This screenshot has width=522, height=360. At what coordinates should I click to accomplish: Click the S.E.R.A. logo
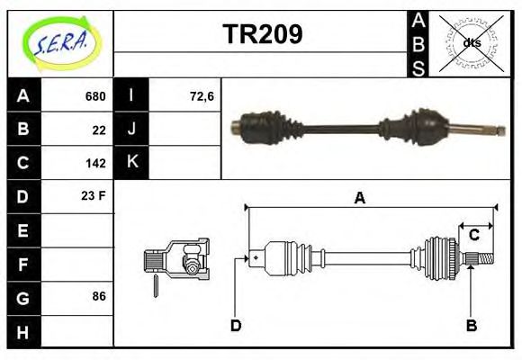[x=60, y=42]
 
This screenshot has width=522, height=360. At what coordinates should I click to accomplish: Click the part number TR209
[x=262, y=34]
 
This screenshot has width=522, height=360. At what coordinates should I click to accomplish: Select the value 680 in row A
[x=95, y=96]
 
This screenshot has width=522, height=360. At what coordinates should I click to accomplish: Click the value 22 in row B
[x=99, y=130]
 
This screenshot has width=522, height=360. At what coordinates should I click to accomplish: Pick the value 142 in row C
[x=95, y=164]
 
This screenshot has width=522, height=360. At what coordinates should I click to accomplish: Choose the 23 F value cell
[x=94, y=195]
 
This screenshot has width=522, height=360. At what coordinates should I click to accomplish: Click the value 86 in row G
[x=99, y=296]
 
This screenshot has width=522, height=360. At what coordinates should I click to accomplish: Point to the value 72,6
[x=202, y=96]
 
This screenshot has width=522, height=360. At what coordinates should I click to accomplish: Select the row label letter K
[x=131, y=163]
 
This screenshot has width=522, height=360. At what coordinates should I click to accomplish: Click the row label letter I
[x=131, y=96]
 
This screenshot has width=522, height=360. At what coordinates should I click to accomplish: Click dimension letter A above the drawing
[x=360, y=198]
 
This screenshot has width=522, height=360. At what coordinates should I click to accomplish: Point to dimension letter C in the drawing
[x=473, y=235]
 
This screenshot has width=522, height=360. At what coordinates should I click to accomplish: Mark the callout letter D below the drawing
[x=236, y=325]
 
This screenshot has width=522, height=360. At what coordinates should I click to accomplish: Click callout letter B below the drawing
[x=471, y=325]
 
